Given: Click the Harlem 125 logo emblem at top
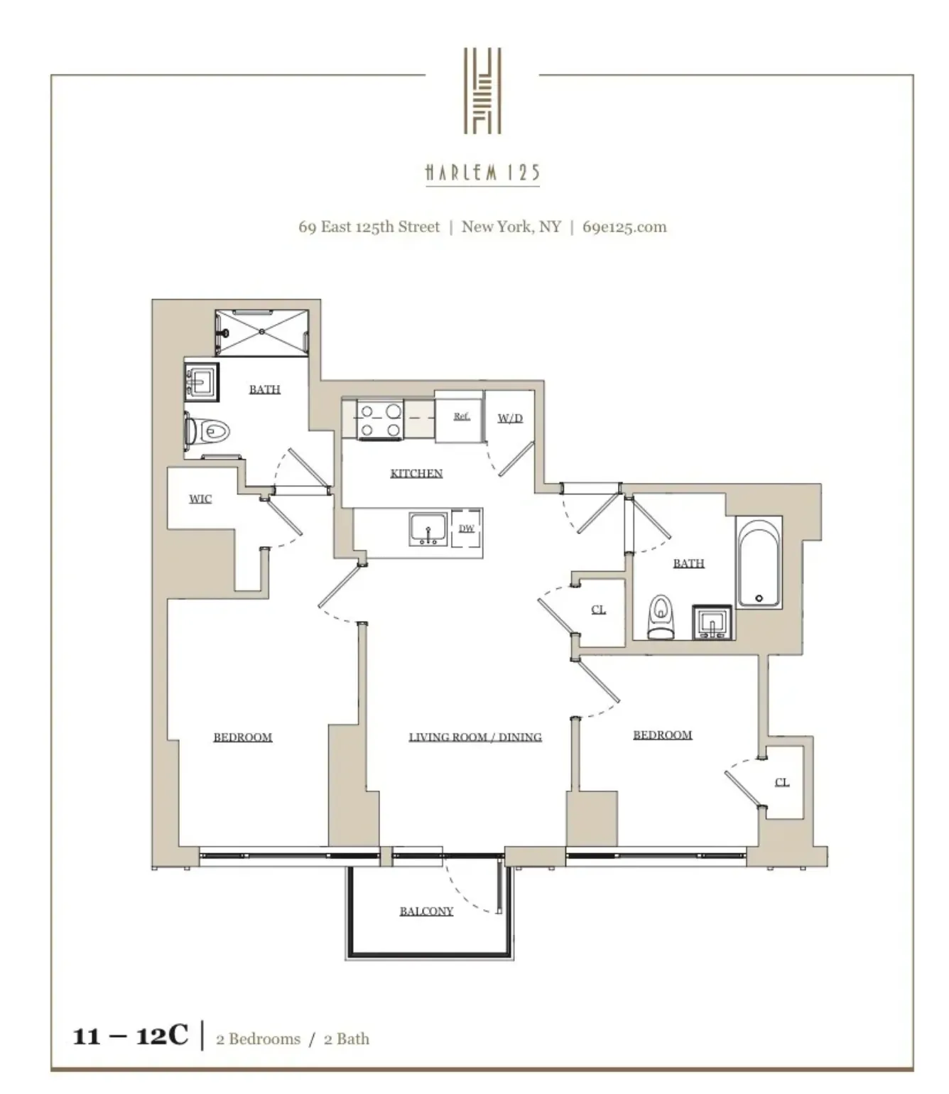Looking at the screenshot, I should pyautogui.click(x=482, y=90).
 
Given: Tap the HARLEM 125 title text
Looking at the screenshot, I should pyautogui.click(x=482, y=173).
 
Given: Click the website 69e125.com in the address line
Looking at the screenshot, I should pyautogui.click(x=624, y=227).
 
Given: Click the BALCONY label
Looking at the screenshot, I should pyautogui.click(x=426, y=911).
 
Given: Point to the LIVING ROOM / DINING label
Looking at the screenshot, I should pyautogui.click(x=475, y=737).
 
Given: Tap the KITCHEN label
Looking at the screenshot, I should pyautogui.click(x=416, y=473).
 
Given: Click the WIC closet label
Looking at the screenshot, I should pyautogui.click(x=200, y=499).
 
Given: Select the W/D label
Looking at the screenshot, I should pyautogui.click(x=510, y=418).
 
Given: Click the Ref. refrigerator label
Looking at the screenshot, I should pyautogui.click(x=462, y=416).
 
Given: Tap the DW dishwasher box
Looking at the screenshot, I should pyautogui.click(x=466, y=528).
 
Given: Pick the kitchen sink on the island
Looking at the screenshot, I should pyautogui.click(x=428, y=529).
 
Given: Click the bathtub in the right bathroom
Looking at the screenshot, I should pyautogui.click(x=759, y=564).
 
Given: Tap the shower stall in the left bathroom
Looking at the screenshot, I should pyautogui.click(x=262, y=332).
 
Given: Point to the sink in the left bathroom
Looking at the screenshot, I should pyautogui.click(x=201, y=383).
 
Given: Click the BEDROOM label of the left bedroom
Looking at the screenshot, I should pyautogui.click(x=243, y=737).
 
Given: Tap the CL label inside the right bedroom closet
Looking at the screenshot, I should pyautogui.click(x=781, y=782).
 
